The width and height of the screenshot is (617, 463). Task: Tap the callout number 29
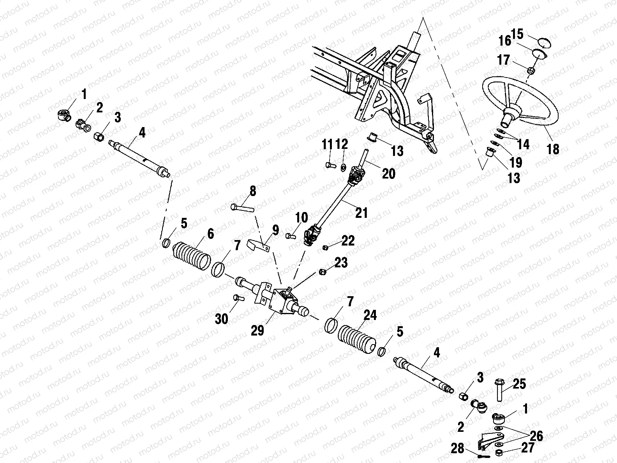click(257, 330)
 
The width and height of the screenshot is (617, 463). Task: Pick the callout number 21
click(361, 213)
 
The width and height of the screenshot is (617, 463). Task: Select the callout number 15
click(517, 34)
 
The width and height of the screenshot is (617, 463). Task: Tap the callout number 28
click(458, 449)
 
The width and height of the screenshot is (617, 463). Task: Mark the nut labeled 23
click(322, 271)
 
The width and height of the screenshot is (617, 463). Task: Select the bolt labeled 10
click(289, 235)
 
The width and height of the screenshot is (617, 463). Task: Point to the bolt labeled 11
click(328, 165)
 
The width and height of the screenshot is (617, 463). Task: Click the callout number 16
click(505, 41)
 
